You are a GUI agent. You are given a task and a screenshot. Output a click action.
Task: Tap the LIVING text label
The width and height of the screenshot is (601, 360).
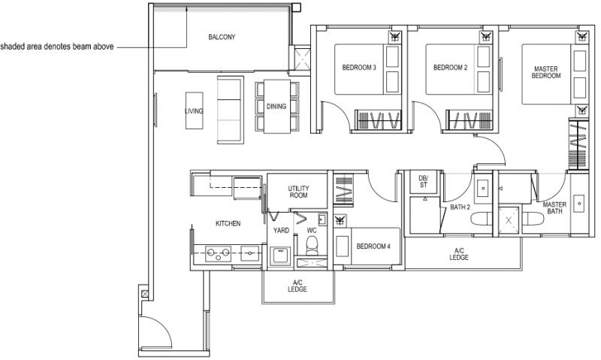(194, 111)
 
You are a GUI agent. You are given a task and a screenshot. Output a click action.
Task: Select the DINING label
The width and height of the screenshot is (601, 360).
(276, 106)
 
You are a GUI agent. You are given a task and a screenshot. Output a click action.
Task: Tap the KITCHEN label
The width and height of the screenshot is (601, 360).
(228, 224)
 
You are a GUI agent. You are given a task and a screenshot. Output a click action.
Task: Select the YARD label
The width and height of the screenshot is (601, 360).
(282, 231)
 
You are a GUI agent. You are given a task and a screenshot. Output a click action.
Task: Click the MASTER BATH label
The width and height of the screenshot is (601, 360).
(554, 208)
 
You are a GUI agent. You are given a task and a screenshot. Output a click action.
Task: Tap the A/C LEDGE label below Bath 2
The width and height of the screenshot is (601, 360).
(461, 254)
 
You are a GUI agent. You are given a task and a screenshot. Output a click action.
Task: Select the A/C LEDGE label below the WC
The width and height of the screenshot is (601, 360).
(297, 286)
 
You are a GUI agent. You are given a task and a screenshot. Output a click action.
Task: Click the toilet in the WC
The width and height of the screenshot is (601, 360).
(313, 244)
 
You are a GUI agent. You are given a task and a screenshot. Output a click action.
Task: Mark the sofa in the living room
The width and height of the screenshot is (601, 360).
(229, 109)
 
